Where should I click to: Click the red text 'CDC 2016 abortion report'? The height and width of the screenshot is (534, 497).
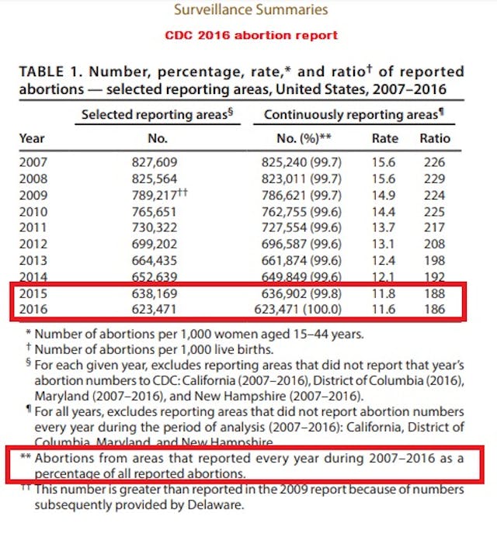(251, 35)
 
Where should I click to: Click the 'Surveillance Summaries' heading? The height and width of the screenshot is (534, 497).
(250, 10)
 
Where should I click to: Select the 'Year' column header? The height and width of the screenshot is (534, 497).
(32, 138)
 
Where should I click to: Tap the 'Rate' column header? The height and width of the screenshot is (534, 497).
(385, 138)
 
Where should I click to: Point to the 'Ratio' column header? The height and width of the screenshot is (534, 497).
(434, 138)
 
